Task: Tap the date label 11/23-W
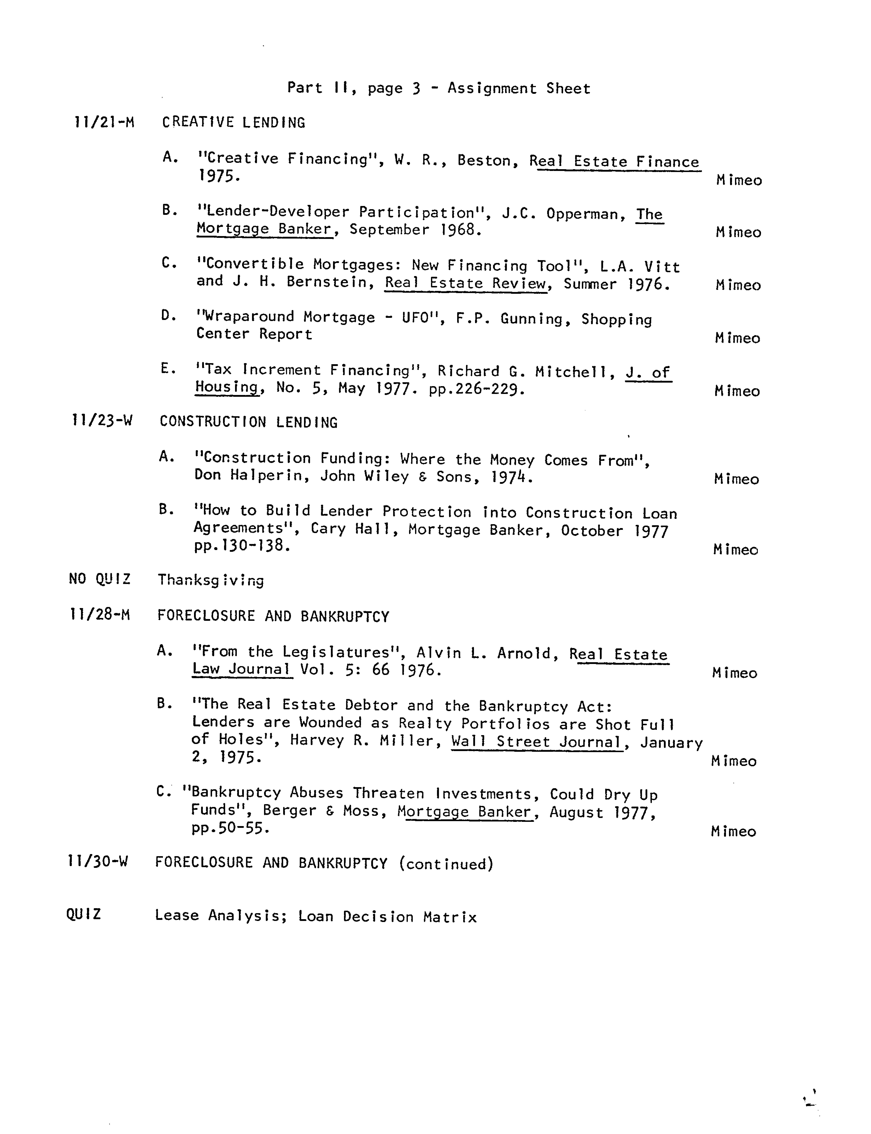(102, 421)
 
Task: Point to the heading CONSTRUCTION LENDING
(248, 422)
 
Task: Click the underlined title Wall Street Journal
(537, 742)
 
